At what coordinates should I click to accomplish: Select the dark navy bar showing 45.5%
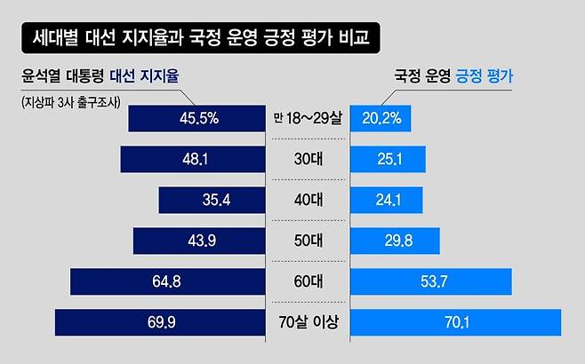click(x=197, y=117)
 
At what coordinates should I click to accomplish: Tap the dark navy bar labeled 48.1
click(x=193, y=159)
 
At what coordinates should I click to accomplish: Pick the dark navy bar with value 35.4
click(x=212, y=200)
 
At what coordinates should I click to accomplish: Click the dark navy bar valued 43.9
click(x=199, y=241)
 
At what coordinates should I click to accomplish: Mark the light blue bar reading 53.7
click(x=431, y=281)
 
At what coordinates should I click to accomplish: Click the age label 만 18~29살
click(x=308, y=117)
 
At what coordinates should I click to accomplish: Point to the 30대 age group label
click(x=308, y=159)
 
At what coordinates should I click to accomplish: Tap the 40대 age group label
click(x=308, y=200)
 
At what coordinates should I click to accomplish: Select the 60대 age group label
click(x=308, y=281)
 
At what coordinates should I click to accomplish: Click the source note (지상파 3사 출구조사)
click(x=75, y=100)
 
